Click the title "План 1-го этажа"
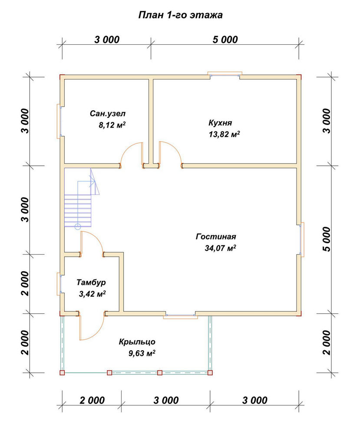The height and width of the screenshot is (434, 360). (x=180, y=15)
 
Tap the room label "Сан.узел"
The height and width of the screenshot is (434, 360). (x=107, y=113)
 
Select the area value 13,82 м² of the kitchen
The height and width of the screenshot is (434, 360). (x=224, y=134)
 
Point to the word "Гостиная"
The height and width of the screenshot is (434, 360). (x=216, y=237)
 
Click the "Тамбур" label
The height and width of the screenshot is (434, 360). (x=91, y=283)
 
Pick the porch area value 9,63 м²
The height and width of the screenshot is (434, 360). (x=142, y=353)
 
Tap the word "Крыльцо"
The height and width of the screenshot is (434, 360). (x=137, y=342)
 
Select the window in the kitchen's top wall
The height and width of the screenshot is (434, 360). (x=225, y=75)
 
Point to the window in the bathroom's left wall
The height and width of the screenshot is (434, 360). (x=59, y=121)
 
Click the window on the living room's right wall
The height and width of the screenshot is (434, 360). (x=301, y=240)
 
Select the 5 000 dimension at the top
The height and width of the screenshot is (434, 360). (x=225, y=39)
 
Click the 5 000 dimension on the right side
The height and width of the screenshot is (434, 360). (x=327, y=239)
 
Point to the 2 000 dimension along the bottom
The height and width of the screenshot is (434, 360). (x=92, y=400)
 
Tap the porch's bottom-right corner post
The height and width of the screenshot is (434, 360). (x=210, y=372)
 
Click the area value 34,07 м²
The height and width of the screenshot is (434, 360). (x=221, y=248)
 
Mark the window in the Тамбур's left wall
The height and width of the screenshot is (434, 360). (x=59, y=284)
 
